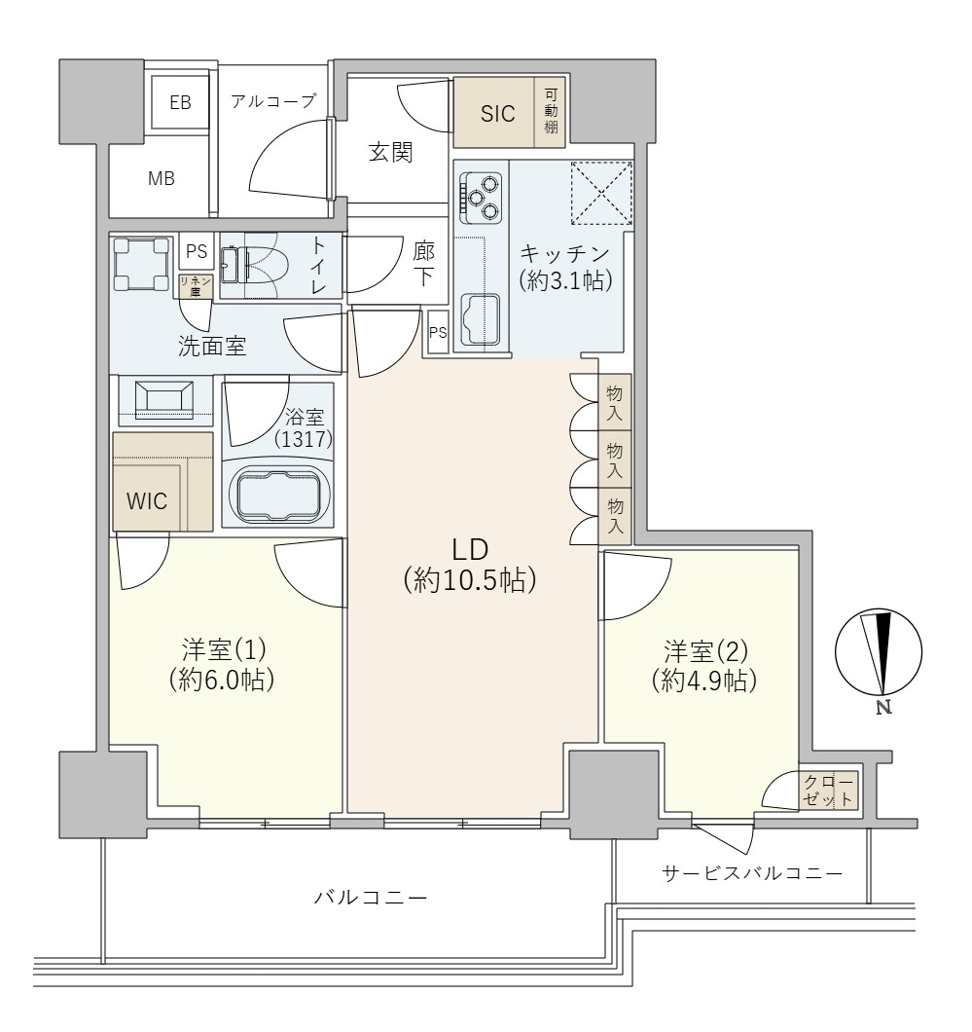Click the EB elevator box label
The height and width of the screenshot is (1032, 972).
click(x=181, y=101)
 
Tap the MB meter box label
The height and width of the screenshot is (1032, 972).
click(x=161, y=178)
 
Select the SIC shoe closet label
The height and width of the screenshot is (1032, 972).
click(x=497, y=113)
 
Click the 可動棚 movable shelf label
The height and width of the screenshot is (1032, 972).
click(x=551, y=112)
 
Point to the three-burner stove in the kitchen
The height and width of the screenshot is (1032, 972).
click(x=481, y=195)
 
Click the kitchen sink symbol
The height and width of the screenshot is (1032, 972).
click(x=479, y=320)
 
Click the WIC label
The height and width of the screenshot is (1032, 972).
click(x=147, y=502)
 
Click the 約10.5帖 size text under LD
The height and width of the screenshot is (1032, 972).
click(x=470, y=581)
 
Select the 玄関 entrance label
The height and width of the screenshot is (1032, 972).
click(x=391, y=152)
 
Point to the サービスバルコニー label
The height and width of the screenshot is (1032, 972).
click(x=752, y=871)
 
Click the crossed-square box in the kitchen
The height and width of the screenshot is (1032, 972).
click(x=600, y=191)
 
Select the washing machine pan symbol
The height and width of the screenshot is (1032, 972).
click(x=142, y=264)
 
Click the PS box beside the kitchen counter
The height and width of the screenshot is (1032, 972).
click(x=438, y=332)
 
